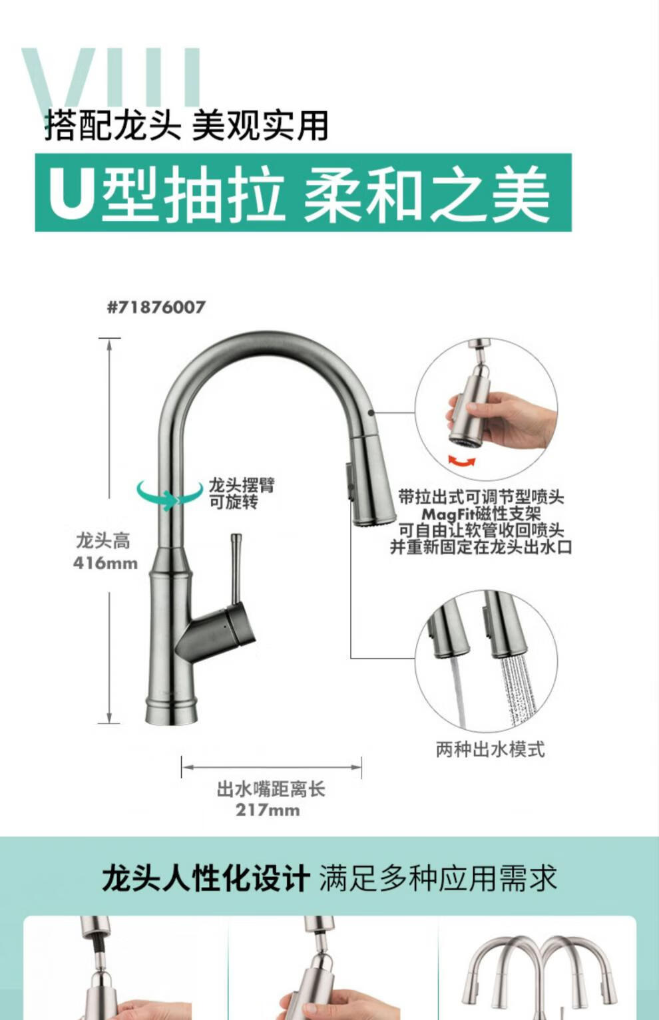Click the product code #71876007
156,307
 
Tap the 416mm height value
105,564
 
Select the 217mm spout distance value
268,810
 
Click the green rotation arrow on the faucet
170,494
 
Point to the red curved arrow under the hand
462,461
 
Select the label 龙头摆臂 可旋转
242,493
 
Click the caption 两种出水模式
490,749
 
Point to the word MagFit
448,514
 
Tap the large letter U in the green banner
70,193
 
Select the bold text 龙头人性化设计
206,878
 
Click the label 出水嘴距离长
271,789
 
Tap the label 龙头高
103,541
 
